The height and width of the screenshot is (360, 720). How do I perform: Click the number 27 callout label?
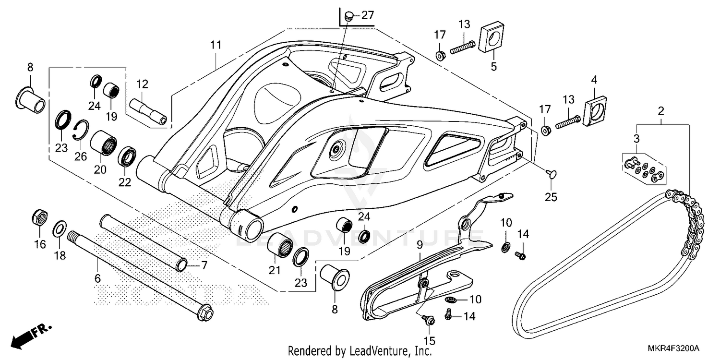[x=367, y=16]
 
